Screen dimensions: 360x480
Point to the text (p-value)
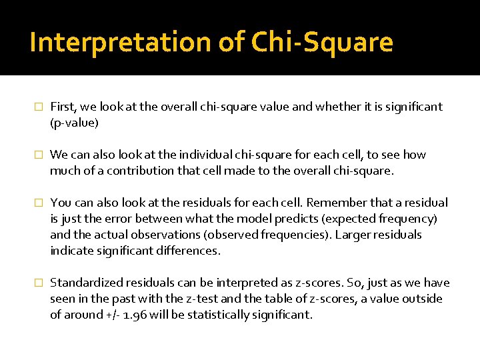pos(74,123)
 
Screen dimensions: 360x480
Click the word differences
pos(186,251)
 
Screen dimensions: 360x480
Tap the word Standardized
pos(85,283)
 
